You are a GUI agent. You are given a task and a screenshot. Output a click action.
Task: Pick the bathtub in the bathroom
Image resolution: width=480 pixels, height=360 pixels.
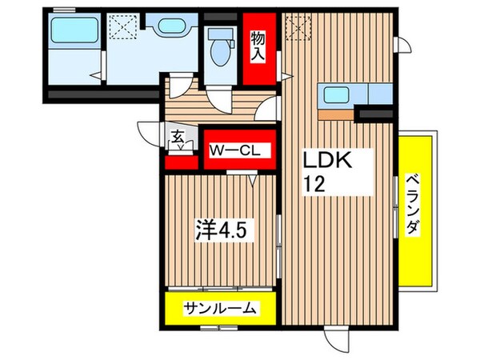pos(70,33)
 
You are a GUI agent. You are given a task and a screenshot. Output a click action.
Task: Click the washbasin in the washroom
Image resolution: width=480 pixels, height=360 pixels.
pos(170,26)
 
